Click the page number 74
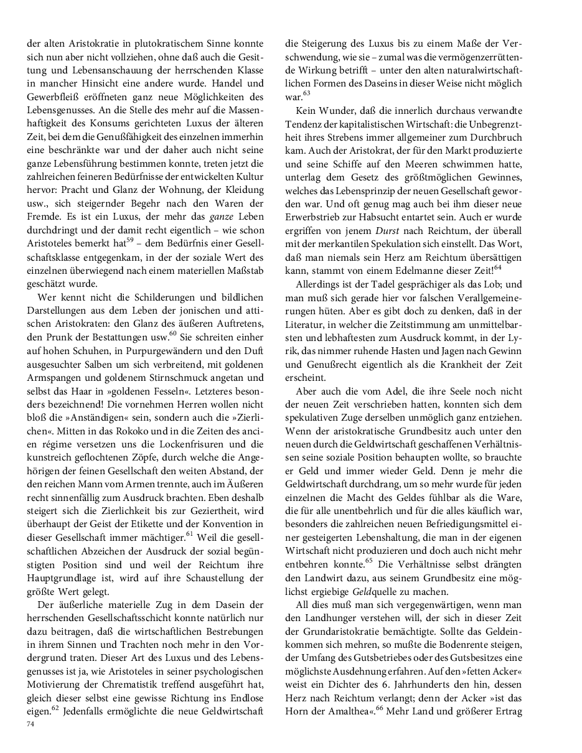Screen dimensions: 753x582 click(30, 724)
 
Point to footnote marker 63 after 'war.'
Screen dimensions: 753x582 click(306, 93)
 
